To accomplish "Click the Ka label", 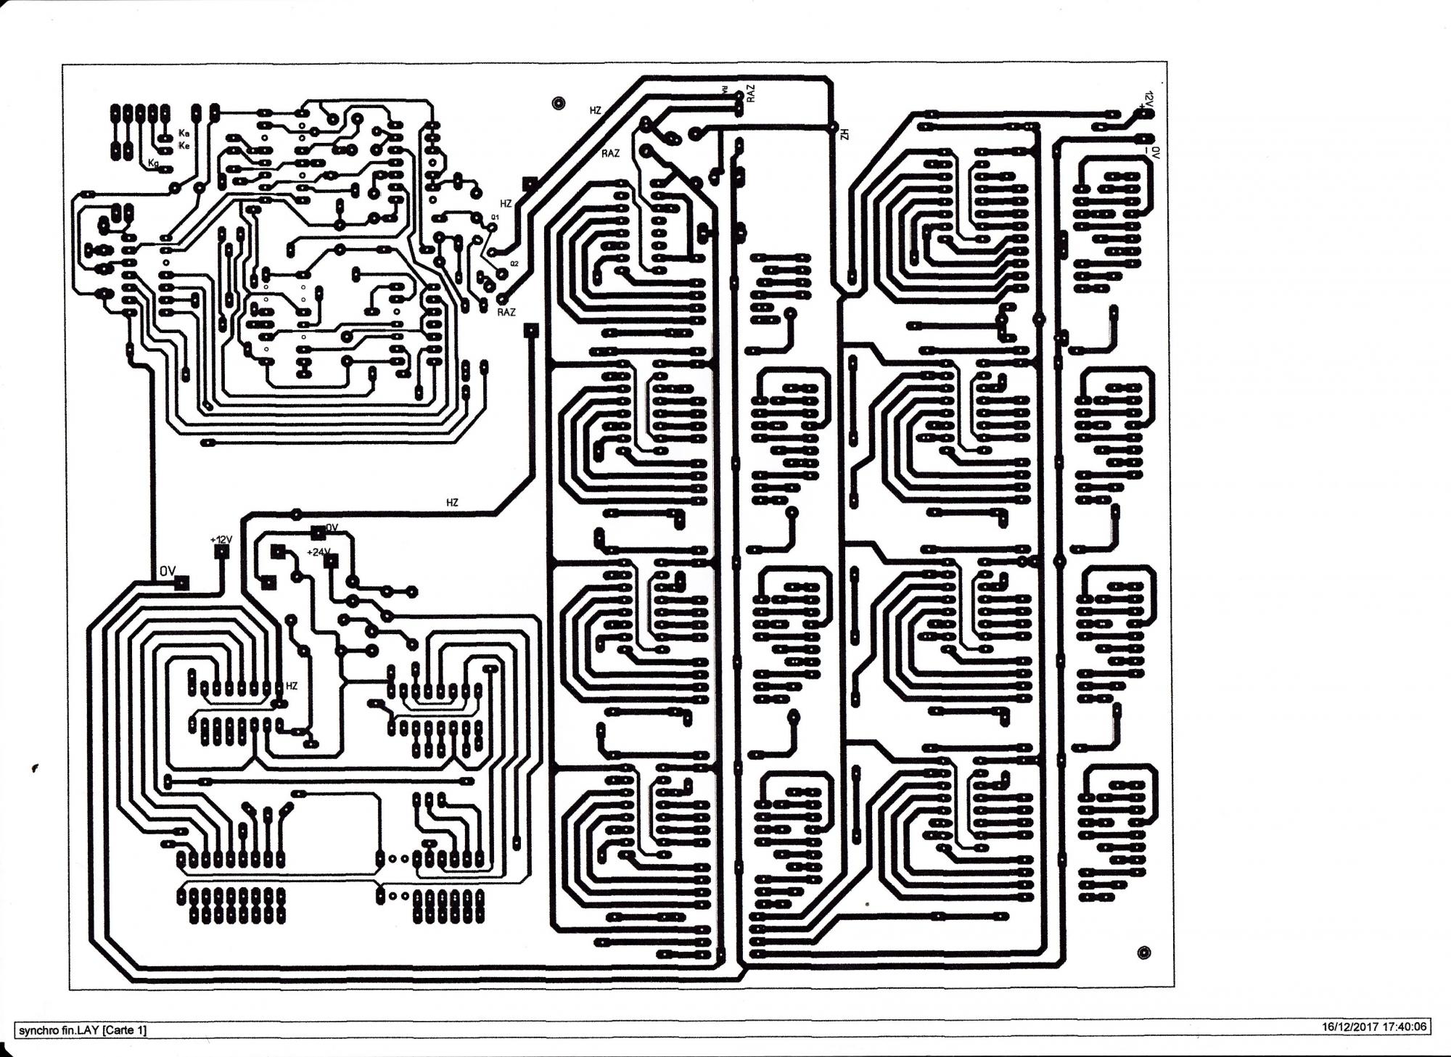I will (x=184, y=133).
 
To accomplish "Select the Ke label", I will (x=184, y=146).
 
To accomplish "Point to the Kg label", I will (x=153, y=163).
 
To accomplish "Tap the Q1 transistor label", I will (x=495, y=217).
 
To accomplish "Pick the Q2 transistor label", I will (x=514, y=263).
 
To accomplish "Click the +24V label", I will (x=317, y=552).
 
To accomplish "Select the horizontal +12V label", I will (x=221, y=540).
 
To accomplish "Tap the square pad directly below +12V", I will (x=221, y=552).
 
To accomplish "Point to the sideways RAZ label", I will (x=751, y=93).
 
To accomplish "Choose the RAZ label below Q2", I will (x=506, y=312).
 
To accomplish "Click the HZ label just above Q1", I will (x=506, y=204).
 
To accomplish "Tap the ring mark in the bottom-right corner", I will (x=1144, y=953).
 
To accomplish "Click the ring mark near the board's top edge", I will (x=557, y=104).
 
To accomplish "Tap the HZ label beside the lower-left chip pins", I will (x=292, y=686).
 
